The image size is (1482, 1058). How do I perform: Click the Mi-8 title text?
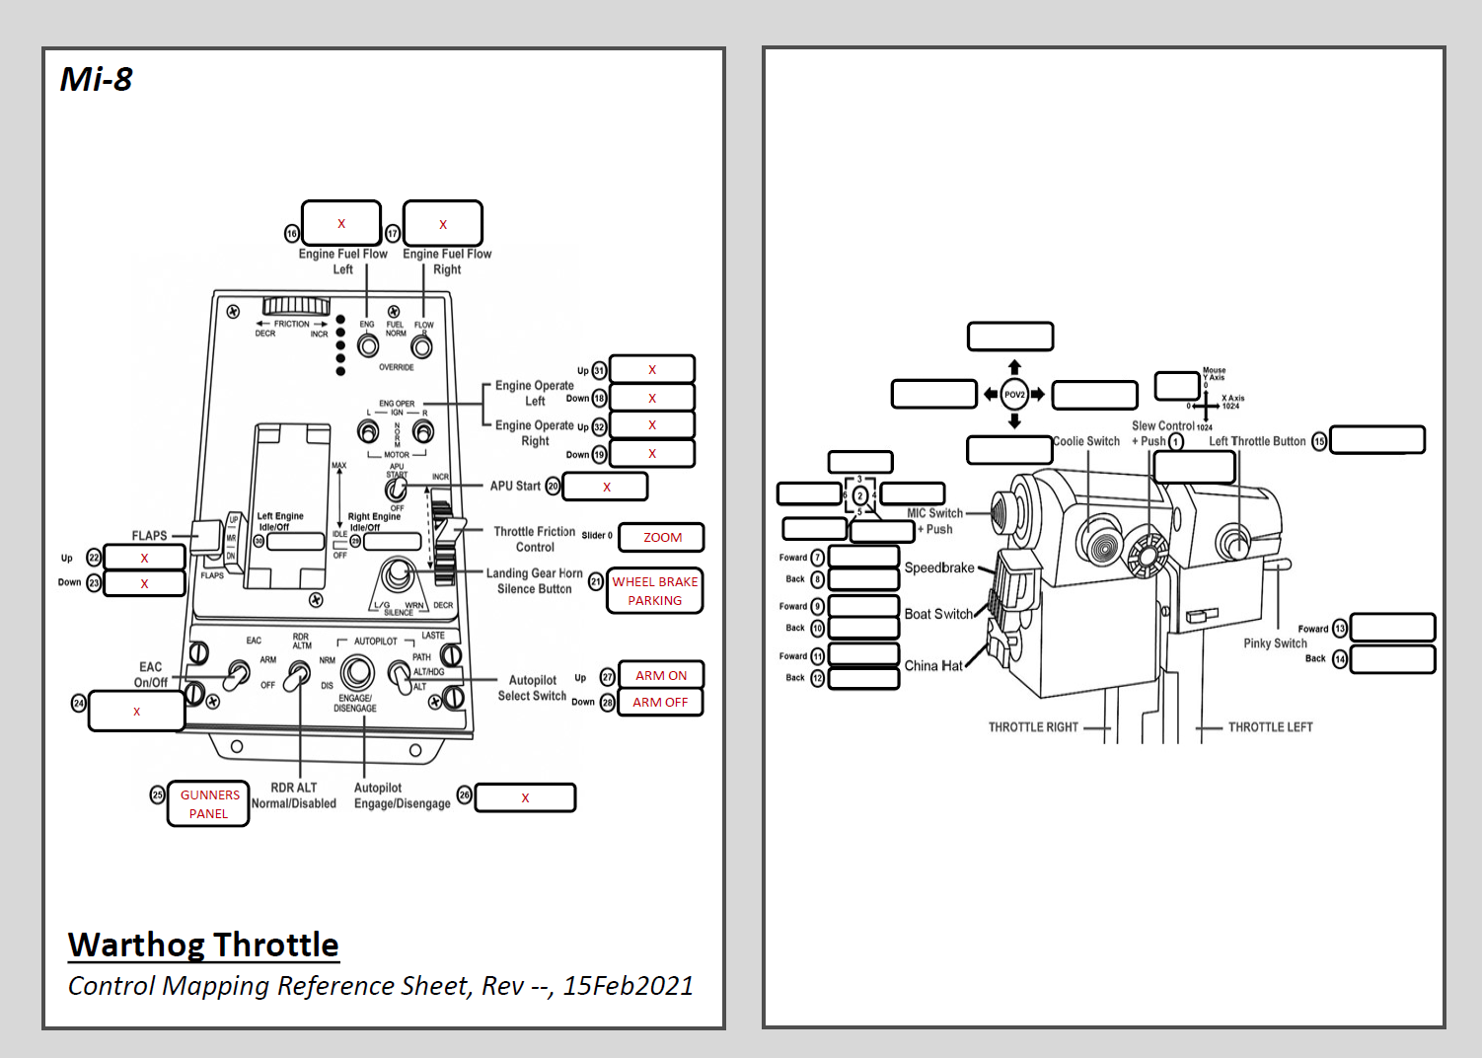[96, 79]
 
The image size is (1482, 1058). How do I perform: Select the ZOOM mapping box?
[661, 538]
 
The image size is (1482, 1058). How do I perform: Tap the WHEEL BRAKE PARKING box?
[654, 591]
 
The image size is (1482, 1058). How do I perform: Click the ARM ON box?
[660, 675]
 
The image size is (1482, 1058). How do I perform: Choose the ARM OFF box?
[660, 702]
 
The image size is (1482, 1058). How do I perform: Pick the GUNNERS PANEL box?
[208, 803]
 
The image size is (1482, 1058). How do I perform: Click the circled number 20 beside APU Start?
[553, 487]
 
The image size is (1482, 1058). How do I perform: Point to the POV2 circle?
[1014, 395]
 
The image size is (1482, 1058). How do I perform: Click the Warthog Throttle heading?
[203, 945]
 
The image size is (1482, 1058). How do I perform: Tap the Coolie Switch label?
[1086, 441]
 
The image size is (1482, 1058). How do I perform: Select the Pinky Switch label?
[1275, 643]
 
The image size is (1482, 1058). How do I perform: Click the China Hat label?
[933, 666]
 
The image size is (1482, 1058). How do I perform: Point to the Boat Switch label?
[938, 614]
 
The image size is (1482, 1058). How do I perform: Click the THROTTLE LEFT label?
[1270, 727]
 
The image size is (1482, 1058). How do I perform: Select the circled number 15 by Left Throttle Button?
[1319, 441]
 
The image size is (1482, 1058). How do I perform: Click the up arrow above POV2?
[1014, 367]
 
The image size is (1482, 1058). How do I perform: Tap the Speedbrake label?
[939, 567]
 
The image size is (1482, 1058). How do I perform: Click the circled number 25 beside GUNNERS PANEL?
[157, 794]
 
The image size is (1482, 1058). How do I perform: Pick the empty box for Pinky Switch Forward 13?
[1392, 628]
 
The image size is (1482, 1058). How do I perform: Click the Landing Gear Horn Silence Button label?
[534, 580]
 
